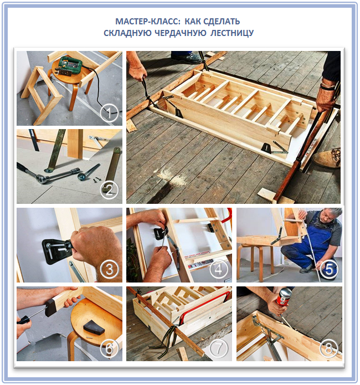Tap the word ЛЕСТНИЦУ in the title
232,33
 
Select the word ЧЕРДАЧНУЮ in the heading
180,33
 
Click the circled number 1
109,113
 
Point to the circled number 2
109,189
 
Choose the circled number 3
109,269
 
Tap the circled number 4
218,269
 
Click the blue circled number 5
329,269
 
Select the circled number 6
109,348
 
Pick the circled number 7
218,348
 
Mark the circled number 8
329,348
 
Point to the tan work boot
327,158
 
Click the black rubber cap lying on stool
94,327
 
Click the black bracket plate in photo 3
55,251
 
